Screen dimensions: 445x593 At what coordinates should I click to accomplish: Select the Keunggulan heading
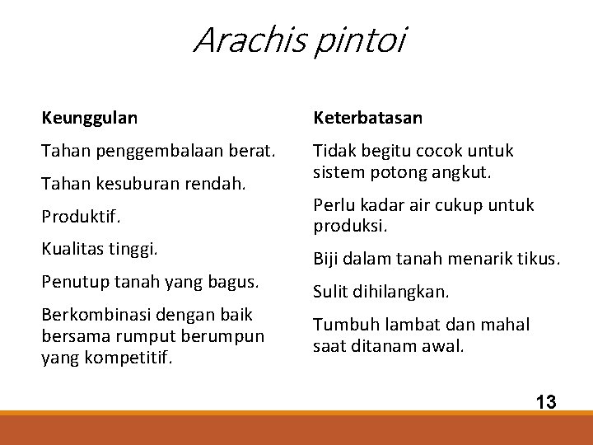(90, 119)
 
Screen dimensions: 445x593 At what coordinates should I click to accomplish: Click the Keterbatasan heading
(367, 119)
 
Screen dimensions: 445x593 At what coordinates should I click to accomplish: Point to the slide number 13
(545, 402)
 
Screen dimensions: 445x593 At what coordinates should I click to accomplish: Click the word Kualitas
(73, 248)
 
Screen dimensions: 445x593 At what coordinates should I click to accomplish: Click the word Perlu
(332, 204)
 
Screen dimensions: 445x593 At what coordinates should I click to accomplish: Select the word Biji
(327, 259)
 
